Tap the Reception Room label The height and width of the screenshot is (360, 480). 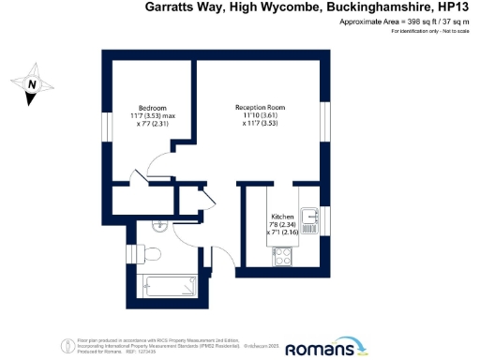[x=260, y=108]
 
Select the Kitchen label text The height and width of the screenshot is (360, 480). [x=282, y=217]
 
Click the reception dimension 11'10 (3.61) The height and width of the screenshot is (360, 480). [x=260, y=115]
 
